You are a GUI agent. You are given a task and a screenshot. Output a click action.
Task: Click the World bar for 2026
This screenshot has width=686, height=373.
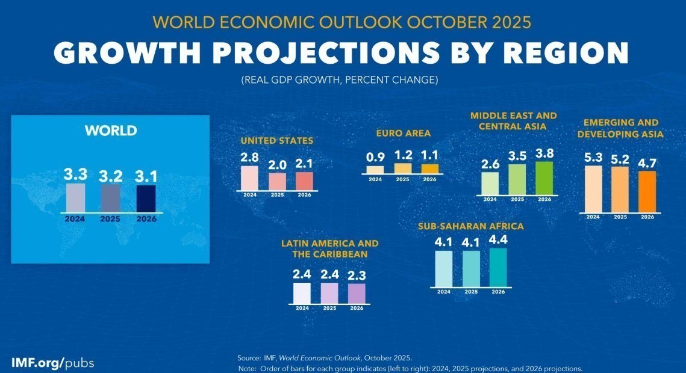[x=146, y=199]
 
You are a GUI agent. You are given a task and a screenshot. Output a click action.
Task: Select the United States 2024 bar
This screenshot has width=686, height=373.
[x=249, y=178]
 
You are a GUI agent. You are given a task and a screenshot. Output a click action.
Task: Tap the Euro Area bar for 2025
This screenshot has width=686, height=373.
[x=403, y=168]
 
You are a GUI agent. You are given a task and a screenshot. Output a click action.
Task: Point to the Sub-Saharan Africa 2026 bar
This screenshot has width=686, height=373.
[x=498, y=268]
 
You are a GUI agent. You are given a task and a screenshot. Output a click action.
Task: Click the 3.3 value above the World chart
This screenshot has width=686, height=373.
[x=76, y=174]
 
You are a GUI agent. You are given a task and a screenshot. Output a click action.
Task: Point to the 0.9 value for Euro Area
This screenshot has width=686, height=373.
[x=375, y=157]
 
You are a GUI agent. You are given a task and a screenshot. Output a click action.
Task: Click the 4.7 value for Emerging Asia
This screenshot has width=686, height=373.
[x=647, y=161]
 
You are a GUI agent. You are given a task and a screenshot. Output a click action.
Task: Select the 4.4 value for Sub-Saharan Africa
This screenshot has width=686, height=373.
[x=498, y=240]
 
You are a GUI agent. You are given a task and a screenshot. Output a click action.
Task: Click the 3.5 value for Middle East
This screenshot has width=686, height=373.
[x=517, y=156]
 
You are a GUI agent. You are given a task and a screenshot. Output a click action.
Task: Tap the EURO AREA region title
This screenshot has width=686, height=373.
[x=403, y=133]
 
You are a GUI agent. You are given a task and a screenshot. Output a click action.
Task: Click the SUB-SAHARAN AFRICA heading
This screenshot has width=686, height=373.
[x=470, y=226]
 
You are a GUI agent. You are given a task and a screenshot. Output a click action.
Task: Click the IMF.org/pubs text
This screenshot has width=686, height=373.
[x=52, y=363]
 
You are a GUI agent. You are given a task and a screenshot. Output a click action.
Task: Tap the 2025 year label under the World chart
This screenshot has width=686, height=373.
[x=110, y=219]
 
